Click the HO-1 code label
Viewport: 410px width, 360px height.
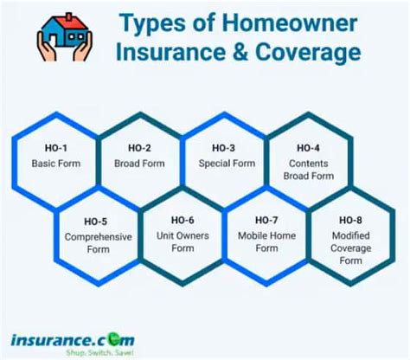[x=54, y=150]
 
